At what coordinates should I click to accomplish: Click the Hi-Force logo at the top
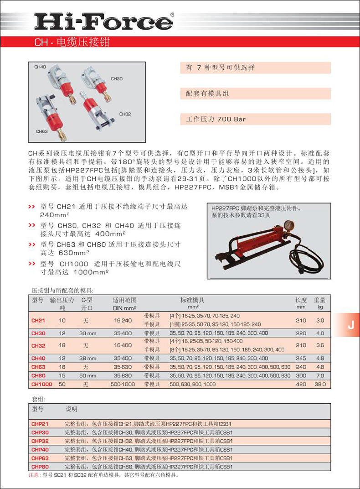tap(104, 21)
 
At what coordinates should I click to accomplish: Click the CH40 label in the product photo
tap(40, 67)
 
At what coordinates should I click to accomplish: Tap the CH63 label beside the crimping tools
tap(42, 131)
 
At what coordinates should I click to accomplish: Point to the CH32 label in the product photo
tap(125, 114)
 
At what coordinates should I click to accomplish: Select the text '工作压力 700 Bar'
tap(216, 120)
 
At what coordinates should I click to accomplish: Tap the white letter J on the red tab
tap(350, 325)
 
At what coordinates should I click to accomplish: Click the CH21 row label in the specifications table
tap(38, 321)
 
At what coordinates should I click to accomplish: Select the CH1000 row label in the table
tap(41, 385)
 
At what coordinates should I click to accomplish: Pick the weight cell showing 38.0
tap(320, 385)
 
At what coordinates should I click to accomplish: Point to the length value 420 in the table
tap(301, 385)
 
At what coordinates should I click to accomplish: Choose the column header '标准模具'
tap(192, 300)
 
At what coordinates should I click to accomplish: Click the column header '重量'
tap(319, 300)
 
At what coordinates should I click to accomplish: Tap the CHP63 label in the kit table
tap(40, 458)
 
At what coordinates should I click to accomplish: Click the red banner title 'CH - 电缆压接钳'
tap(72, 42)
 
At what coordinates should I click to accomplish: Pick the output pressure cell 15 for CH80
tap(62, 376)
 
